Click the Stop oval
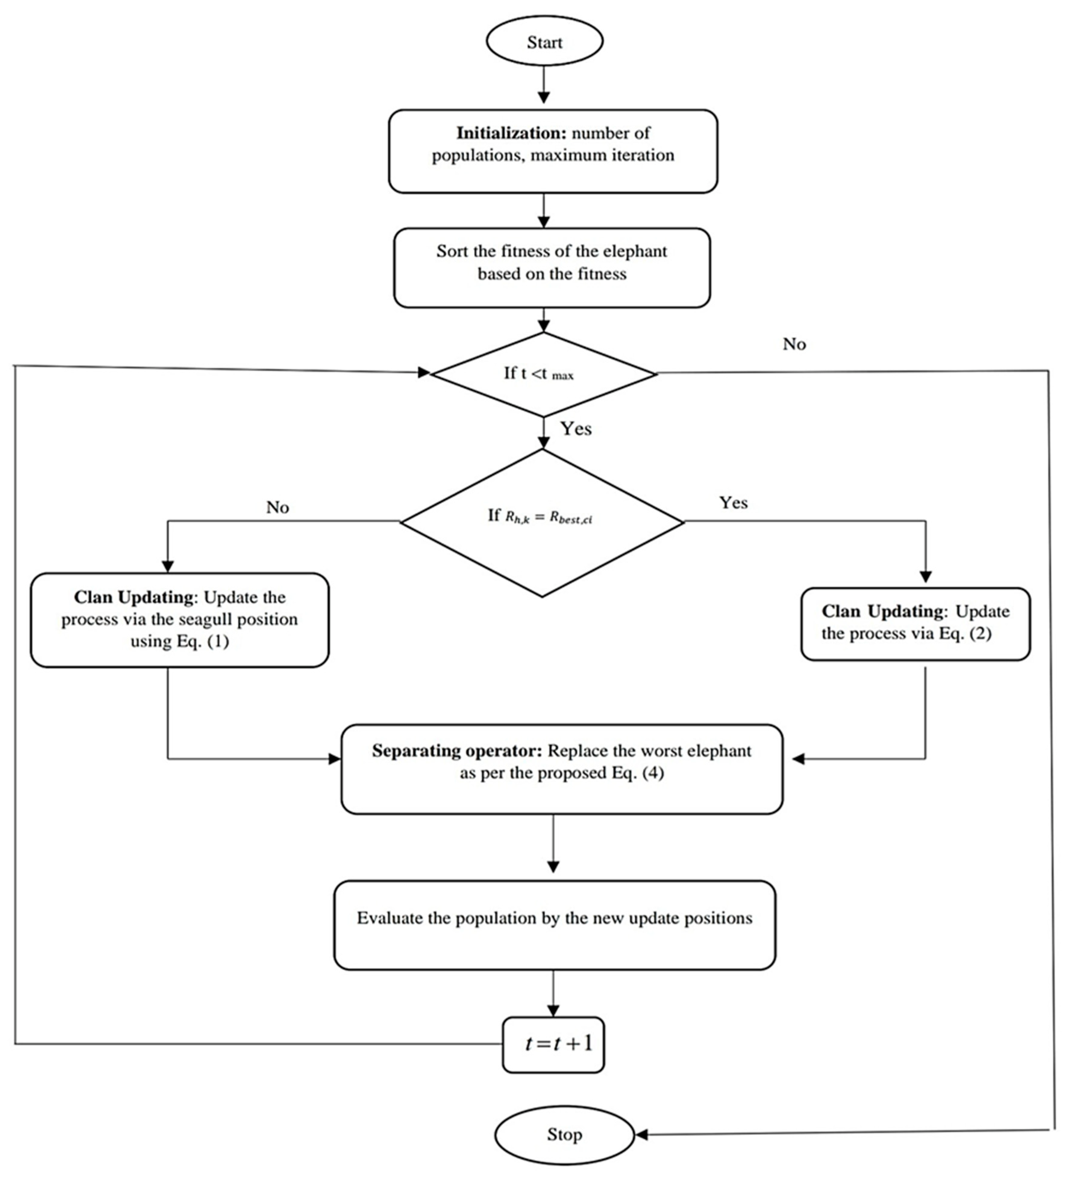[564, 1134]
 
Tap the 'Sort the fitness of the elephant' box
[552, 267]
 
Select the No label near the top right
[794, 344]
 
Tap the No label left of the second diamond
[277, 507]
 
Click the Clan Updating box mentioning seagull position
[180, 619]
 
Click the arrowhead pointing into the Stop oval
[642, 1134]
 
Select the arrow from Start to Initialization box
[544, 85]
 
